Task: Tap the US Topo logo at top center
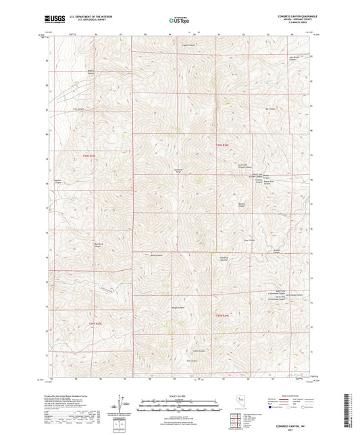click(179, 20)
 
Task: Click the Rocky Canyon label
click(157, 255)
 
